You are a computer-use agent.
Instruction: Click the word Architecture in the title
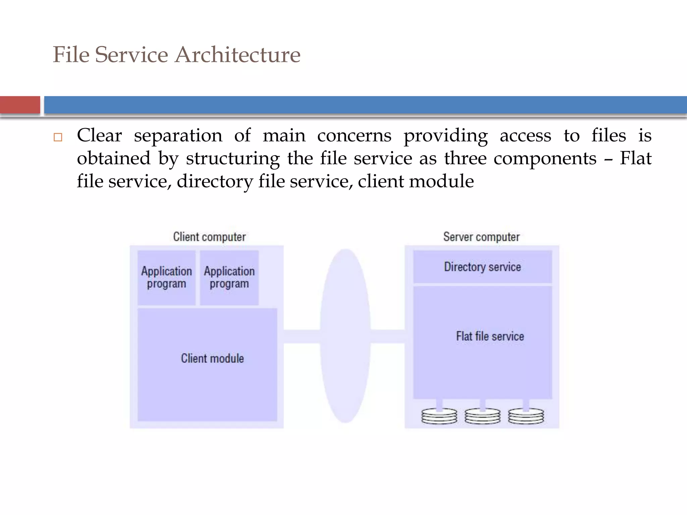[x=237, y=55]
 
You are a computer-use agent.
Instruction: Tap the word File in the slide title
[x=71, y=55]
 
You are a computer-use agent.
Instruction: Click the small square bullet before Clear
[x=58, y=137]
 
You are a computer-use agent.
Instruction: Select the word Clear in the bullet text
[x=99, y=136]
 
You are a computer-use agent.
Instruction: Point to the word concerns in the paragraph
[x=354, y=136]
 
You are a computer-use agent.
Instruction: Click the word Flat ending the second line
[x=635, y=158]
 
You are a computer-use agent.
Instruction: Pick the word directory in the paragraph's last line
[x=215, y=182]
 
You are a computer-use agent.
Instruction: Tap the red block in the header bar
[x=20, y=105]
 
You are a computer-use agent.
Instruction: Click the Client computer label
[x=209, y=237]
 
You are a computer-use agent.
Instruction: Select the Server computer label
[x=481, y=237]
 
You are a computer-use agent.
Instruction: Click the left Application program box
[x=166, y=278]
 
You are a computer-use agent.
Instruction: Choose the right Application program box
[x=229, y=278]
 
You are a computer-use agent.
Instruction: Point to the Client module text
[x=212, y=358]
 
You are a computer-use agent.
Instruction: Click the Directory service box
[x=482, y=267]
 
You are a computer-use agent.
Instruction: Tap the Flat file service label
[x=490, y=336]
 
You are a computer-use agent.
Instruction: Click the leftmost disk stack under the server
[x=439, y=416]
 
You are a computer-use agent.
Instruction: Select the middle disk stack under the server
[x=482, y=416]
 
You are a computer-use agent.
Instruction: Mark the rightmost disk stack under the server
[x=526, y=416]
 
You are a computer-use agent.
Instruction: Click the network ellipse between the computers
[x=345, y=335]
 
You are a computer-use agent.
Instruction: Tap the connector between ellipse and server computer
[x=388, y=336]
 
